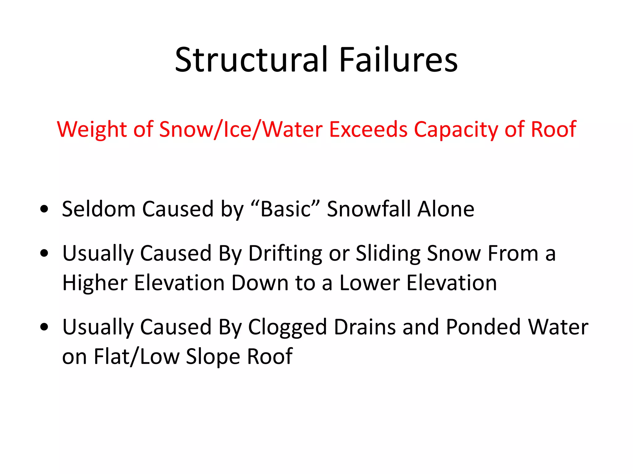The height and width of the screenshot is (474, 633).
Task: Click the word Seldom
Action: pos(99,209)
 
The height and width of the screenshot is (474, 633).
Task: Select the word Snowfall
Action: pos(369,209)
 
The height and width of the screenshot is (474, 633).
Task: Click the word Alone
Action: pos(446,209)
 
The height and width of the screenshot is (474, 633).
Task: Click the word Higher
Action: pos(95,283)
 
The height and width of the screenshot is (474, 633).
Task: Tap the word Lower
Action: pos(370,283)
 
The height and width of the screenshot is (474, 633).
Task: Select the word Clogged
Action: pos(287,327)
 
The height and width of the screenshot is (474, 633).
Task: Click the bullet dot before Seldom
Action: pos(44,209)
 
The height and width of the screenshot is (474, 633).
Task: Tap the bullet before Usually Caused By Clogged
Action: pos(44,327)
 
